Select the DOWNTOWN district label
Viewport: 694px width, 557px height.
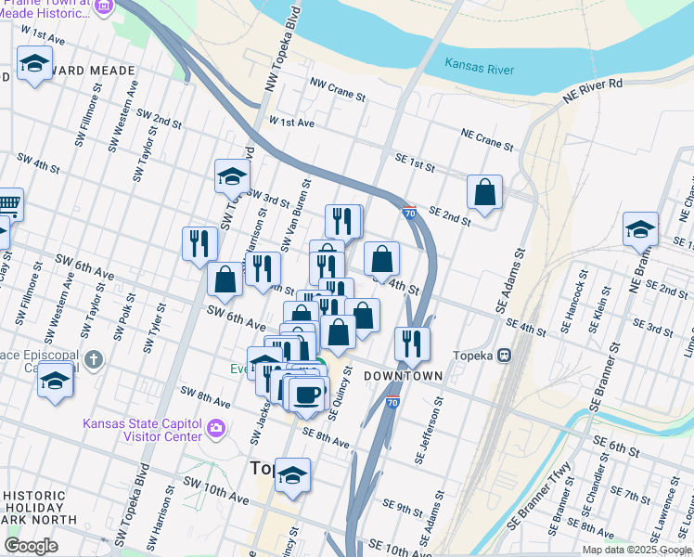[x=403, y=375]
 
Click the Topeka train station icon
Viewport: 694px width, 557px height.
[x=505, y=356]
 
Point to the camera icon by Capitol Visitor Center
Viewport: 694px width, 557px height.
[x=216, y=428]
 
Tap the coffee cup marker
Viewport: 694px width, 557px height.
[x=305, y=394]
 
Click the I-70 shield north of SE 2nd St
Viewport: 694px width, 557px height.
[x=409, y=213]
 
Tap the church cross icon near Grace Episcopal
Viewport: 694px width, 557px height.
[x=93, y=358]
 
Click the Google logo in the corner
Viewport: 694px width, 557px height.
[x=31, y=546]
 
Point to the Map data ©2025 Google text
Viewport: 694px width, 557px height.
[x=636, y=550]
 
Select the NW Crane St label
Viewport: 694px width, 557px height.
[x=339, y=89]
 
